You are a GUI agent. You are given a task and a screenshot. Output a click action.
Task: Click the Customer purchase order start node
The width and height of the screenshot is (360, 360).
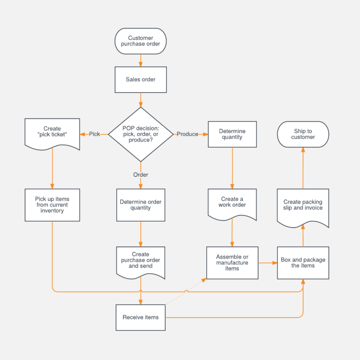coord(141,41)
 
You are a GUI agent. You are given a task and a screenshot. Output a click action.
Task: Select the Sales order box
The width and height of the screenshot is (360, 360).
coord(141,79)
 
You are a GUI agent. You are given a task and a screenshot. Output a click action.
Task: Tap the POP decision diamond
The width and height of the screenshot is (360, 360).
coord(141,134)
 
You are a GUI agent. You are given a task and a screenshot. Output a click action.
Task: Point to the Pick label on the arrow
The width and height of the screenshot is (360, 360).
coord(94,134)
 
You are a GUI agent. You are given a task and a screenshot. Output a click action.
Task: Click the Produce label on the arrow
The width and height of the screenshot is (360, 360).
coord(187,134)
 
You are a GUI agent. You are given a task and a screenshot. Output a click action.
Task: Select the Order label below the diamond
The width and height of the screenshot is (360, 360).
coord(141,175)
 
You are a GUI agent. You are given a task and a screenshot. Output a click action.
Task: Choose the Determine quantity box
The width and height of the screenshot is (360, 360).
coord(232,135)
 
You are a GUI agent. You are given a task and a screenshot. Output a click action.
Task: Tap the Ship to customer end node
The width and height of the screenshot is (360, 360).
coord(303,134)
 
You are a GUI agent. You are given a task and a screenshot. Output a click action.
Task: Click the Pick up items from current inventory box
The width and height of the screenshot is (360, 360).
coord(52,205)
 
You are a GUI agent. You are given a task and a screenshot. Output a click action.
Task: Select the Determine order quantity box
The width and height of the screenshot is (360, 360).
coord(141,205)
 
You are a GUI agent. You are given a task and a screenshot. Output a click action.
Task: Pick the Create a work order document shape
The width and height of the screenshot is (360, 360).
coord(232,203)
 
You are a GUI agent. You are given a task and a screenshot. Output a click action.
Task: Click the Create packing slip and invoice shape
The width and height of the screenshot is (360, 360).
coord(303,205)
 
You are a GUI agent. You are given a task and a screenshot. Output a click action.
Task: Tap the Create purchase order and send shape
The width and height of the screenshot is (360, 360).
coord(141,261)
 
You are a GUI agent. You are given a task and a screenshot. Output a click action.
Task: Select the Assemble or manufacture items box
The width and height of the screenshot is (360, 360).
coord(232,263)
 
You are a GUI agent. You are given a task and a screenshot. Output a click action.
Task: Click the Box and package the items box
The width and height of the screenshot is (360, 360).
coord(303,263)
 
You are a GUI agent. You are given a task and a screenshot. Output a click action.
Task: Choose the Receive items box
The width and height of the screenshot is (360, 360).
coord(141,317)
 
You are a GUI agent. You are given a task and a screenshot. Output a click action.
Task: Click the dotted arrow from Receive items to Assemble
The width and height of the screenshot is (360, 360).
coord(187,291)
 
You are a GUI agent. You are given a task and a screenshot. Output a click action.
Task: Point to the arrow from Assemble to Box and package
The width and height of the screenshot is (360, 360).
coord(268,263)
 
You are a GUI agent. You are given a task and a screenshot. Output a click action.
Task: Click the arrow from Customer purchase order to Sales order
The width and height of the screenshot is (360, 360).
coord(141,60)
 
